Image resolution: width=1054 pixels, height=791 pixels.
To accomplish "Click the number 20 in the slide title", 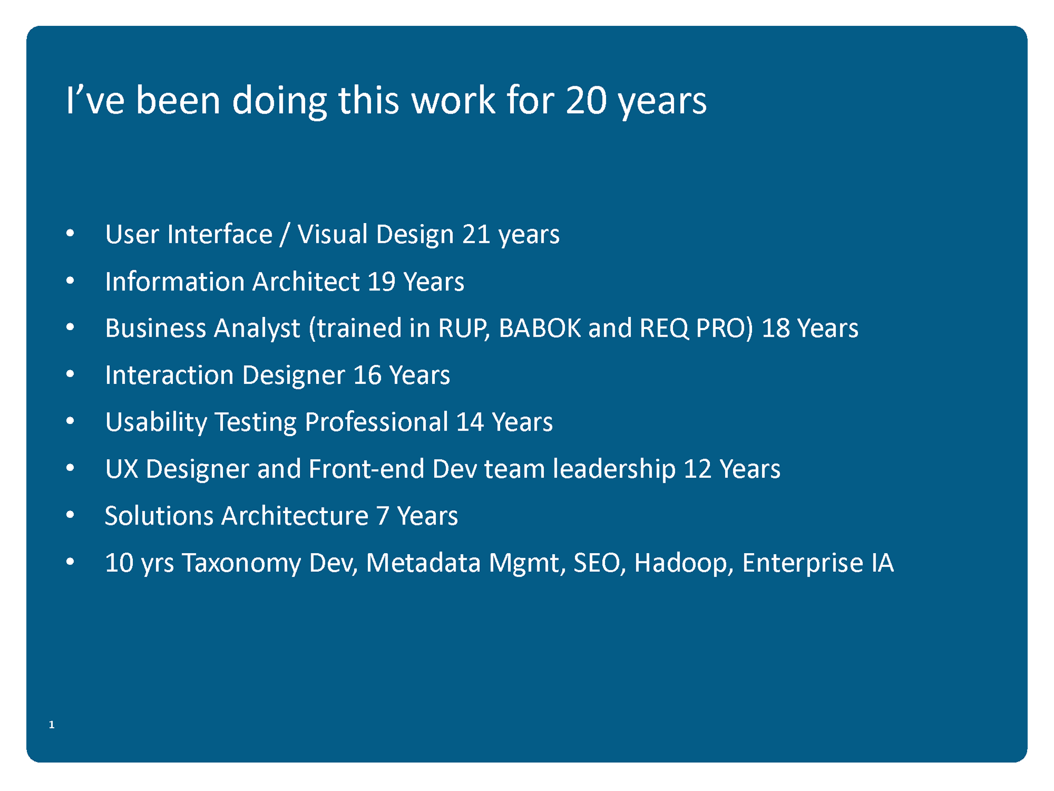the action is [x=586, y=101].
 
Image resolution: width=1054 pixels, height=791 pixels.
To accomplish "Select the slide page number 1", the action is [x=52, y=725].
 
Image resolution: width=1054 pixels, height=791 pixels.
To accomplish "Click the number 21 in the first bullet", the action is [x=476, y=235].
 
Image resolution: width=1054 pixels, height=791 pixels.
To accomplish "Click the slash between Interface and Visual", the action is [x=284, y=235].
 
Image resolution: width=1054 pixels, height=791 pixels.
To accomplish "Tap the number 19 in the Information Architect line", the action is [x=382, y=282].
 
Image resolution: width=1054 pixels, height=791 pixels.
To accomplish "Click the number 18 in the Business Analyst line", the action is [x=776, y=328].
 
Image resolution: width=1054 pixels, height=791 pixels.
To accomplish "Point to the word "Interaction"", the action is [x=170, y=375].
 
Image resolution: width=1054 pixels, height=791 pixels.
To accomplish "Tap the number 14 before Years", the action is [x=470, y=422].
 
